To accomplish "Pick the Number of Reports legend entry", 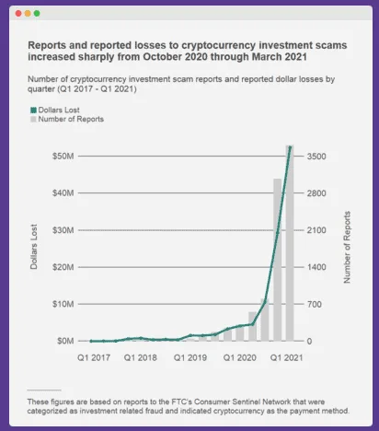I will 66,119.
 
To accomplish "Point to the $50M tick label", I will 62,157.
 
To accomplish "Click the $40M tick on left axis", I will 62,193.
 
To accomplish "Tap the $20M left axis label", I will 62,267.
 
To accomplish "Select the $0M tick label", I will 63,341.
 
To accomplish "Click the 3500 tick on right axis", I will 316,157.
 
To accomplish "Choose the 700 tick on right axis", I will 313,304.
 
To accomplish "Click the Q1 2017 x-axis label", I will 95,356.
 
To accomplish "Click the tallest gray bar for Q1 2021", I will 290,249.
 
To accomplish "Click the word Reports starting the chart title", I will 49,43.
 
